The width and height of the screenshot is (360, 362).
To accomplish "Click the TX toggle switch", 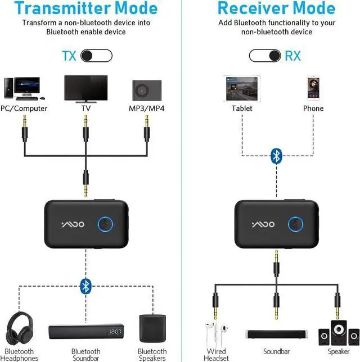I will (x=96, y=56).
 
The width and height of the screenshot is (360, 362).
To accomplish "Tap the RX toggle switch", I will (x=265, y=56).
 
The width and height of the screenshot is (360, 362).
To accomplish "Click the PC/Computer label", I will (x=24, y=108).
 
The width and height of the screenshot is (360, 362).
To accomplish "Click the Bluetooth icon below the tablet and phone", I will (x=276, y=156).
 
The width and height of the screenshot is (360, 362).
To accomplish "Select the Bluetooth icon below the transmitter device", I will (x=85, y=285).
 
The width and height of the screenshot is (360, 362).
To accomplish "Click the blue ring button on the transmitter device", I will (x=106, y=224).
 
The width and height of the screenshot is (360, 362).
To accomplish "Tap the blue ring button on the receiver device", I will (x=296, y=224).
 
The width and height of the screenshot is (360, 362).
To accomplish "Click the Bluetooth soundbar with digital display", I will (x=85, y=332).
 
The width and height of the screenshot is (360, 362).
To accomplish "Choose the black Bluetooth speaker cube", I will (x=152, y=328).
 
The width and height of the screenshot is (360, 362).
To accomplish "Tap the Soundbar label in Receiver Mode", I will (x=276, y=351).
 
